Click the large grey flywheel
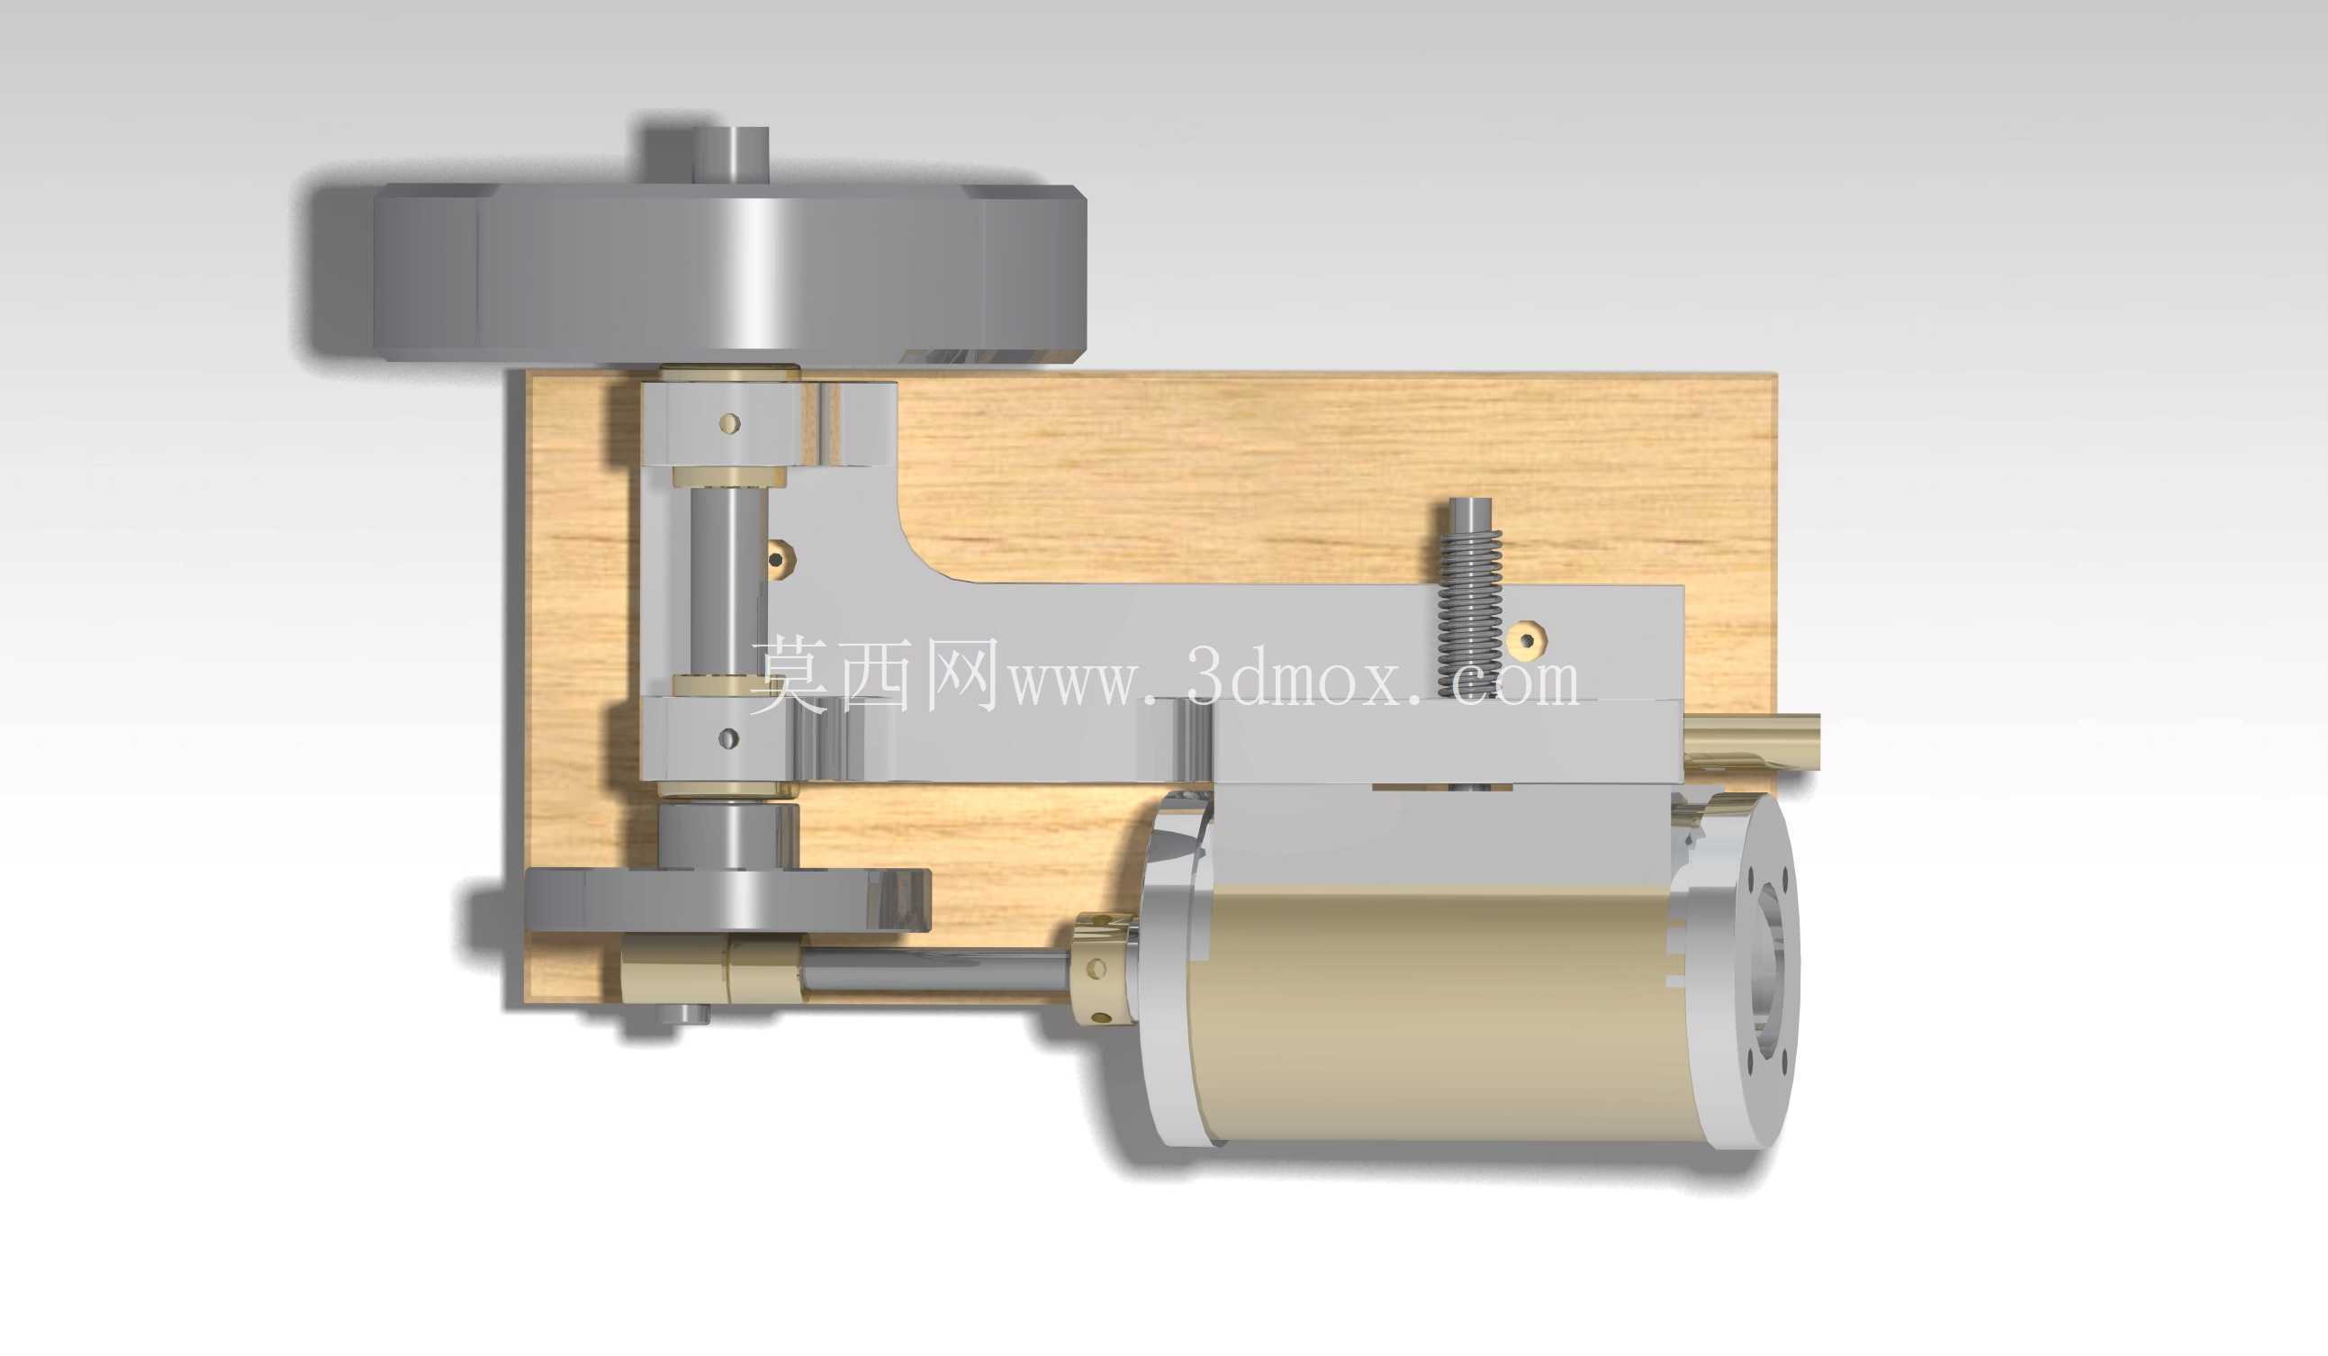(730, 273)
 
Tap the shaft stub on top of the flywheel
(732, 155)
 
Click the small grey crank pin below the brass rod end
(683, 1013)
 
